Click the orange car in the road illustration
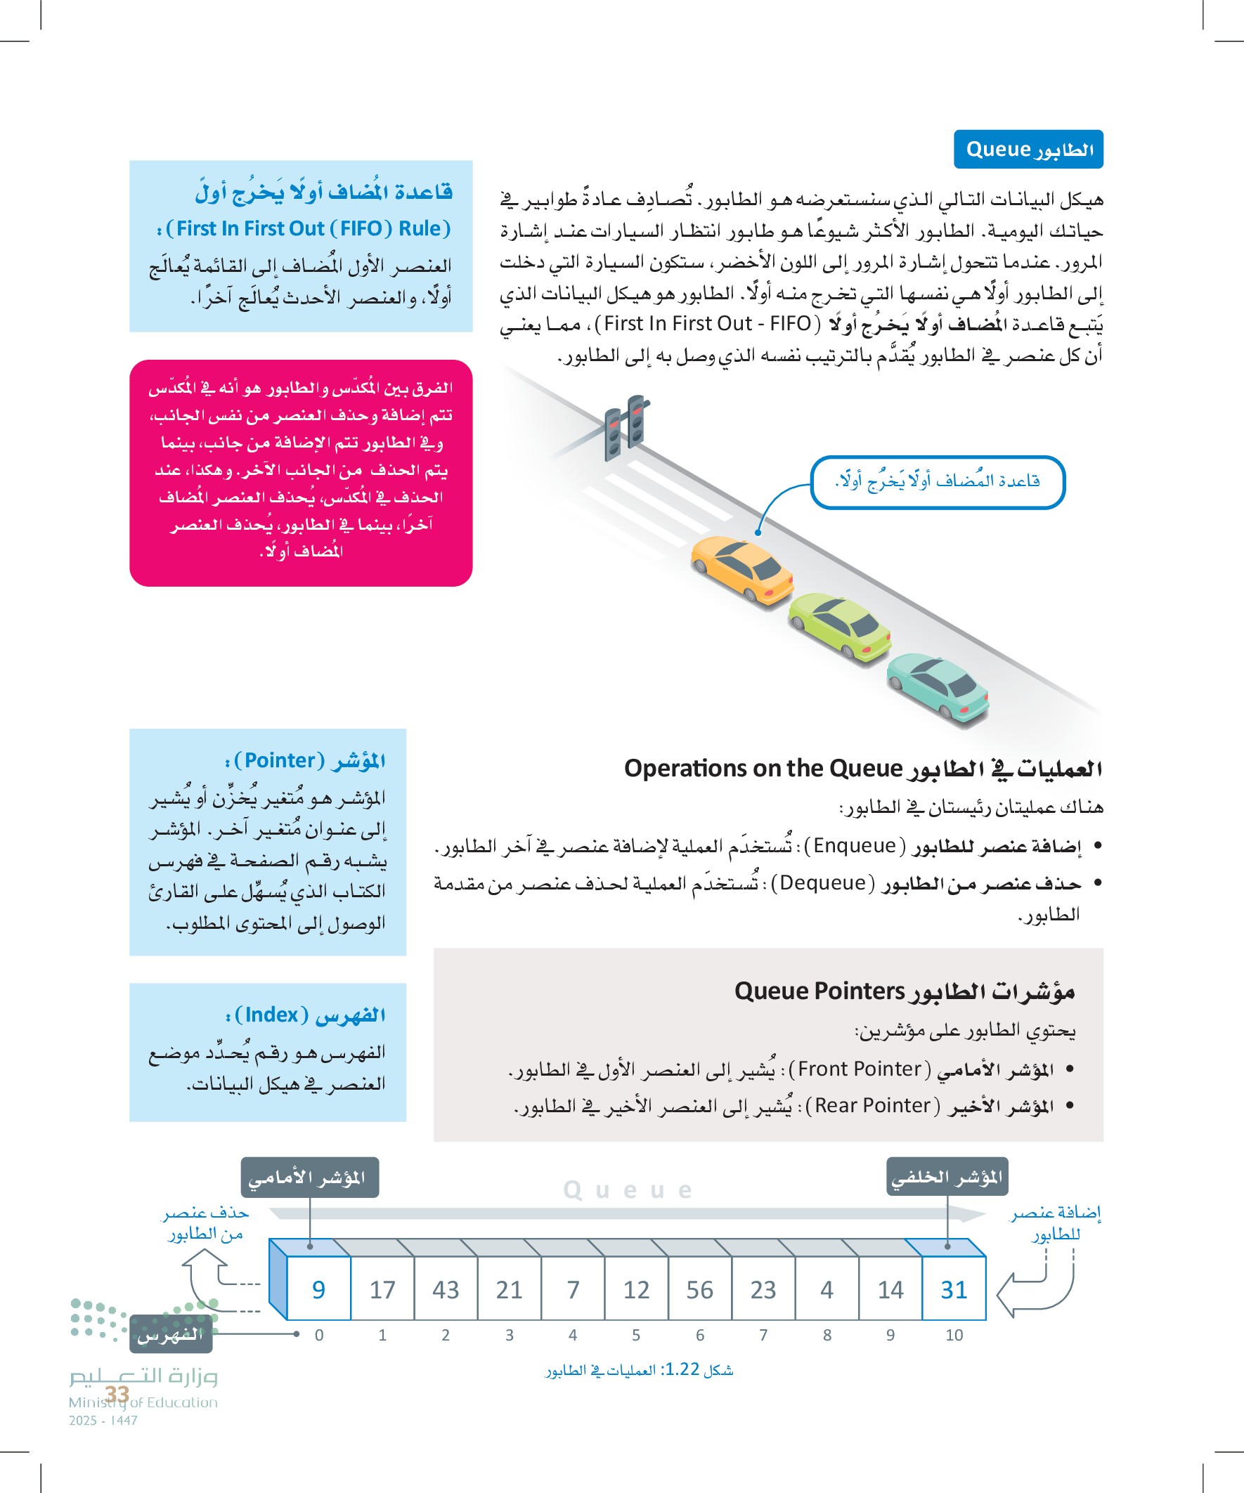click(x=743, y=570)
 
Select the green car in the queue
click(x=839, y=626)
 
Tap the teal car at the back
click(x=938, y=686)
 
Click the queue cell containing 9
click(x=318, y=1290)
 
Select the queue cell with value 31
click(x=954, y=1290)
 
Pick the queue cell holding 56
click(x=700, y=1290)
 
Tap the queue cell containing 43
click(x=446, y=1290)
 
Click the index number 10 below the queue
click(x=954, y=1335)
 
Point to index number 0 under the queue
click(x=319, y=1335)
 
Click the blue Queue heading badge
click(x=1028, y=149)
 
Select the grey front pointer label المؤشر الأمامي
click(x=309, y=1178)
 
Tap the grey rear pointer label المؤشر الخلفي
click(x=947, y=1178)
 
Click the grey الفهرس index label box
click(x=171, y=1334)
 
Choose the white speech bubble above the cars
click(x=937, y=482)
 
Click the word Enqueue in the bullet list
click(x=854, y=846)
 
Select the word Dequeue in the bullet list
click(x=823, y=883)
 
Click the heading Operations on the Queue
click(x=763, y=769)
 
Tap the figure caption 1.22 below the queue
click(x=639, y=1370)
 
